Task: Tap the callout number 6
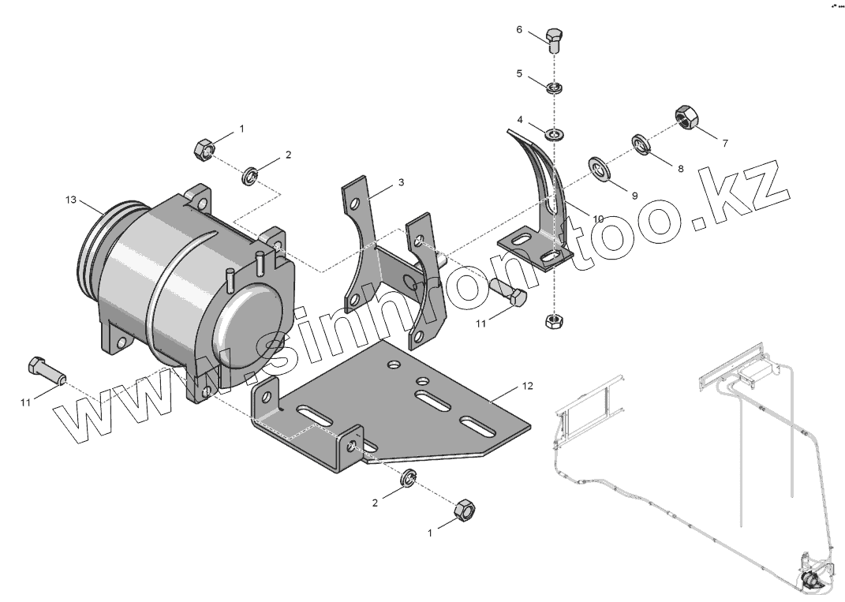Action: point(519,30)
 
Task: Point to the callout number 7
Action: point(725,144)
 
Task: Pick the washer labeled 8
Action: point(640,144)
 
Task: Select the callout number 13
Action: point(71,200)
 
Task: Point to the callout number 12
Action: point(528,386)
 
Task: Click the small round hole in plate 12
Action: point(392,366)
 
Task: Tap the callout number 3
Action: point(401,182)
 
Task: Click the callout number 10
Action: point(598,218)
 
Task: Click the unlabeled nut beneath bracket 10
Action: point(555,321)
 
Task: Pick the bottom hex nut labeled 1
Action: point(465,511)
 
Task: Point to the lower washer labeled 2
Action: point(409,478)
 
